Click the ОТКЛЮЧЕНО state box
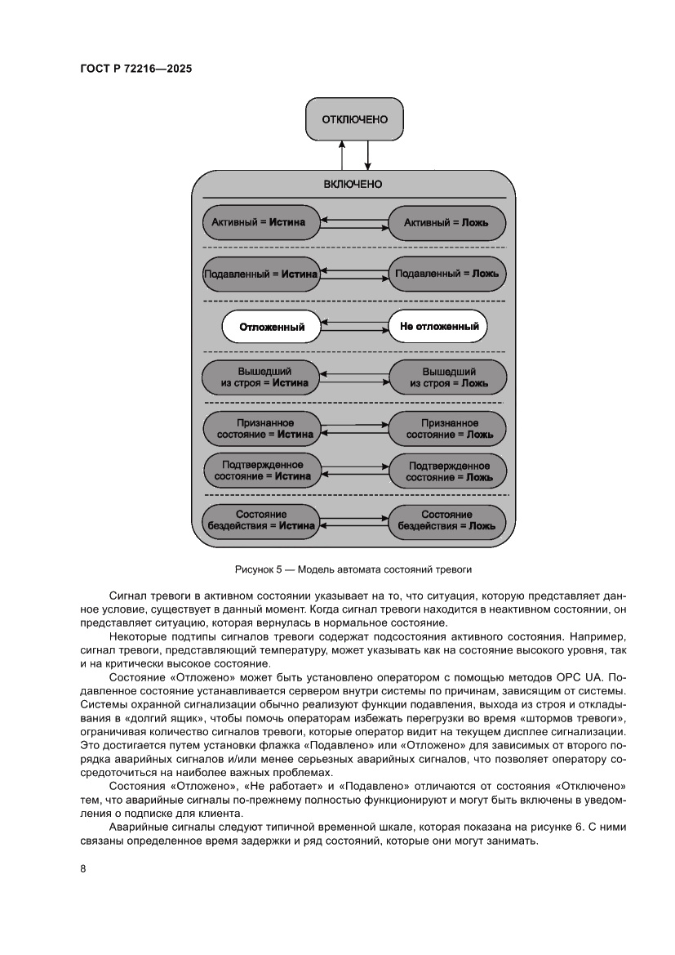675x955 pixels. pos(353,119)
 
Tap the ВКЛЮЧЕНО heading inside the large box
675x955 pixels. pos(353,184)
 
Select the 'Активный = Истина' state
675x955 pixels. pos(259,221)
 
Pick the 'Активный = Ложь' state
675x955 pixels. pos(446,221)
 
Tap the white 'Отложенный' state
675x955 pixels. pos(271,328)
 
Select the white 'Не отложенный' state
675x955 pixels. pos(438,327)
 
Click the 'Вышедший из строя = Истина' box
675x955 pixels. pos(259,377)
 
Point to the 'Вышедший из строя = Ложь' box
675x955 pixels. pos(446,377)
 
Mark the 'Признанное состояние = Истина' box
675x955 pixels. pos(259,429)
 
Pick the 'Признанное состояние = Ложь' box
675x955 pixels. pos(446,429)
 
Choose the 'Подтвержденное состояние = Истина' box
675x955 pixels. pos(259,470)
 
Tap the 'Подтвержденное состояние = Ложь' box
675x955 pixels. pos(446,470)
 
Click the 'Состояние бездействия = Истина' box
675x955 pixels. pos(259,520)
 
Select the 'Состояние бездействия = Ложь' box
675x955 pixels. pos(446,520)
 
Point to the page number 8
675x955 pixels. pos(83,868)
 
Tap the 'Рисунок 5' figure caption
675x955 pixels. pos(353,566)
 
